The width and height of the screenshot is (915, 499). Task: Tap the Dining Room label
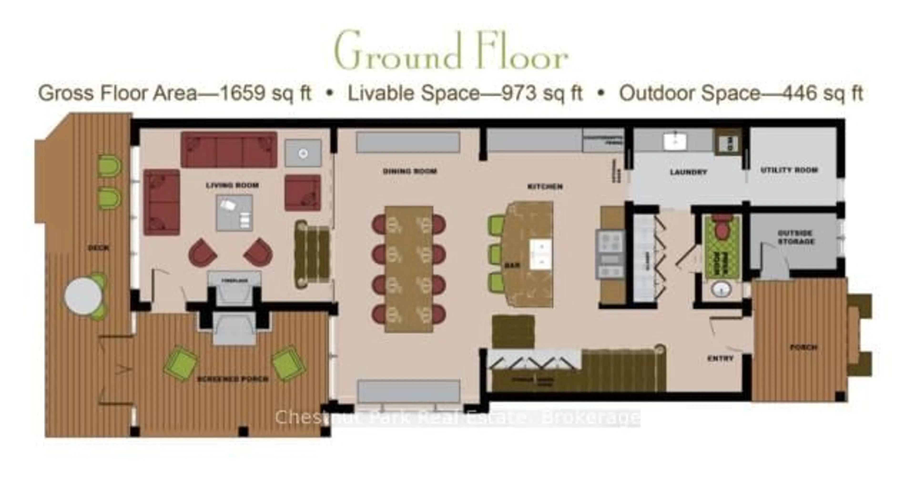410,171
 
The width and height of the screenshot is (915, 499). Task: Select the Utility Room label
789,170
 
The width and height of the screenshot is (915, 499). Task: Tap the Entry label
720,359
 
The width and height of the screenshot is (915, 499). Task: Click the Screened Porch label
233,379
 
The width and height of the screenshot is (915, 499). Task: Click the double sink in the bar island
541,254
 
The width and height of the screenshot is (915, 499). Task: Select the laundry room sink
675,141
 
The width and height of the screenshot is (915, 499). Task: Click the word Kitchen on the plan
545,186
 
